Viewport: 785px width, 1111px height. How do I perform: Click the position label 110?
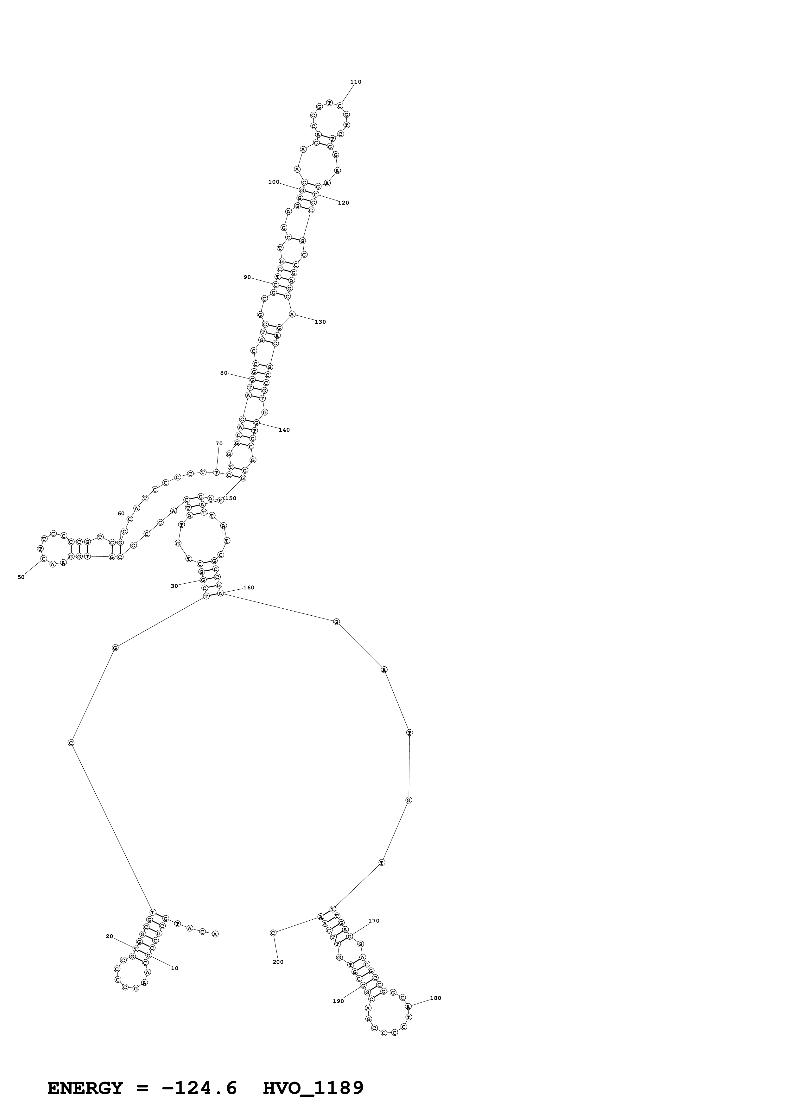pos(356,82)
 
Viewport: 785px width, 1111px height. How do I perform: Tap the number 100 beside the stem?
pos(274,182)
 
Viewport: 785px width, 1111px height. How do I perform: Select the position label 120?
pos(343,203)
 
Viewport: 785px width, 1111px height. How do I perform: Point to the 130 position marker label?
pos(320,322)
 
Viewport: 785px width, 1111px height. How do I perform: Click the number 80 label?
pos(224,373)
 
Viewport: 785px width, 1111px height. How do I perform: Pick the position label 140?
pos(284,430)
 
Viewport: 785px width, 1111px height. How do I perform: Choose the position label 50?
pos(21,577)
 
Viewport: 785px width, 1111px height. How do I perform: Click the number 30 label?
pos(174,586)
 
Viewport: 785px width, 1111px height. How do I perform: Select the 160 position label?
pos(249,587)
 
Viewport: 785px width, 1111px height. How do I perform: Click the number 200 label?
pos(278,962)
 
